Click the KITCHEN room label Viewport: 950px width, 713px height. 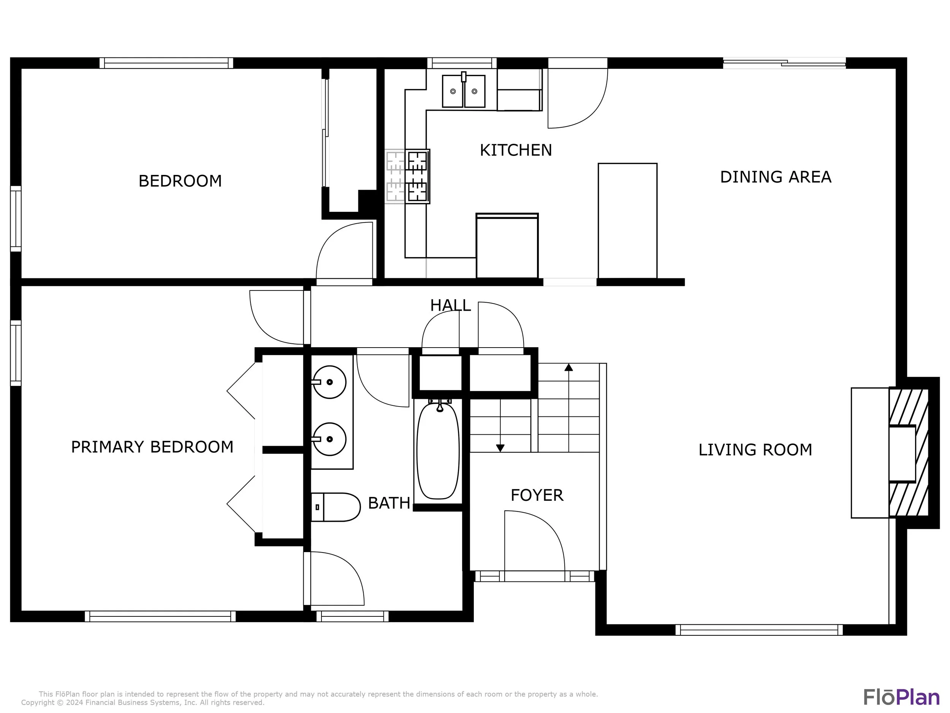pos(515,150)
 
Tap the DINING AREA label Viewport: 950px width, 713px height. pos(776,177)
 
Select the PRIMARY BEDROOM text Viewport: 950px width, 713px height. pos(152,447)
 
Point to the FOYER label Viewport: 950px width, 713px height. pos(537,495)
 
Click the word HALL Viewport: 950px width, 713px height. pos(451,305)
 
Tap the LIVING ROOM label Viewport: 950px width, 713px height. pos(755,449)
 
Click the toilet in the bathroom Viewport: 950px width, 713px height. pos(336,507)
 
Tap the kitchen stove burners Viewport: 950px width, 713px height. pos(418,176)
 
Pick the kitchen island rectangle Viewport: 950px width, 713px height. pos(627,221)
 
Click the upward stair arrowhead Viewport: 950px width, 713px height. pos(568,367)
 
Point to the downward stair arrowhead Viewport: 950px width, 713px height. pos(500,448)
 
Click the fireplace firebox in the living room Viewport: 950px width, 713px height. pos(902,453)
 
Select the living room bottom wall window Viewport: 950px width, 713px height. pos(759,630)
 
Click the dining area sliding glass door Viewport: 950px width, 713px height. pos(784,63)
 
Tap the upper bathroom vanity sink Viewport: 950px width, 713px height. pos(329,382)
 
